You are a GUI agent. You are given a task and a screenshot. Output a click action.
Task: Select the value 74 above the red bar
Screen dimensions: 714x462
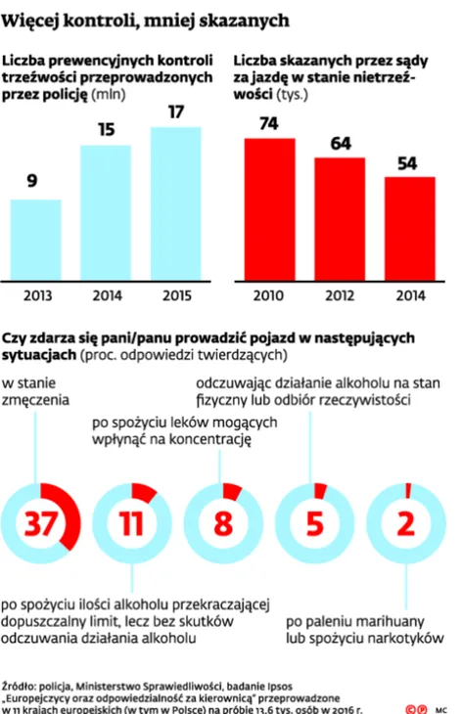268,123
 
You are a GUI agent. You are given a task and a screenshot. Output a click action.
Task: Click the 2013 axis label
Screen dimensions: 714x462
36,295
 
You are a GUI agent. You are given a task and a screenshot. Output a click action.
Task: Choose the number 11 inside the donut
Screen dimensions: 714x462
132,525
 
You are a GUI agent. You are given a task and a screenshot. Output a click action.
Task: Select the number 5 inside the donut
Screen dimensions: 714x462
315,525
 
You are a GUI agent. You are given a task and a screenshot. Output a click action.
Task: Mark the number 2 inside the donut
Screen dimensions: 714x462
406,525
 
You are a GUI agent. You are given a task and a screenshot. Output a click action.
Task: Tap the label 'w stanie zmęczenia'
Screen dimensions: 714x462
35,391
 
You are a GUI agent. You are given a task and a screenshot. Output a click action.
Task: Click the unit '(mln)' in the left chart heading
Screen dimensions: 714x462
109,94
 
